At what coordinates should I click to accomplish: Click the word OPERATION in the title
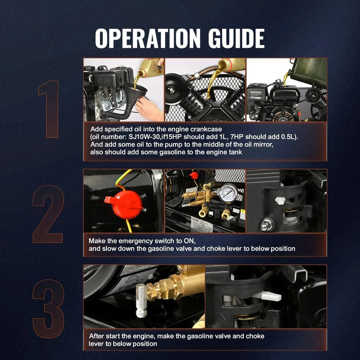tap(148, 39)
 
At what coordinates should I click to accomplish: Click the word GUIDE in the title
tap(236, 39)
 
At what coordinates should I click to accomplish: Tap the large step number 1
tap(48, 109)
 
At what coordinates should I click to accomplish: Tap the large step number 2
tap(48, 214)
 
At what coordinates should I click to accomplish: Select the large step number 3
tap(48, 309)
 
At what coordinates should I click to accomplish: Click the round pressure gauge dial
tap(228, 193)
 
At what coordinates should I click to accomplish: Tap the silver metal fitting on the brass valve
tap(141, 300)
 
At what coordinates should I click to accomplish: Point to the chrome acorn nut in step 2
tap(266, 225)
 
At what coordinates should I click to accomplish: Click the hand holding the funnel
tap(149, 109)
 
